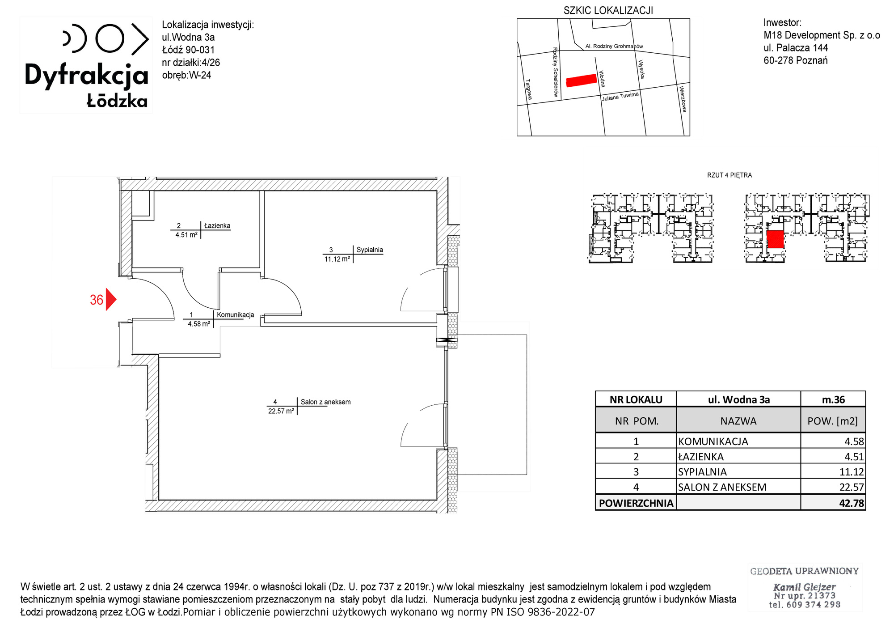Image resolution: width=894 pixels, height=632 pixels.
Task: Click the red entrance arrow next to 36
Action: pos(110,299)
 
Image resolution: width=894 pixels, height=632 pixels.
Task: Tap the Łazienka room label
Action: pos(217,226)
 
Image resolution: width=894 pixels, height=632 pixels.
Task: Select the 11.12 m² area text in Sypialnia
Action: pos(337,259)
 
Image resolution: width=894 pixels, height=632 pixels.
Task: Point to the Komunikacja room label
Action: pos(236,315)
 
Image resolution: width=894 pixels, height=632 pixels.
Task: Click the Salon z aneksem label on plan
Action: pos(325,402)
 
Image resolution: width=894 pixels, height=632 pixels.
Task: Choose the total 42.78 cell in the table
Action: pos(852,503)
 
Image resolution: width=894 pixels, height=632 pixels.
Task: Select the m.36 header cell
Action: pos(833,399)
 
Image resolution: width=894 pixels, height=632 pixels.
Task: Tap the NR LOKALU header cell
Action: pos(636,399)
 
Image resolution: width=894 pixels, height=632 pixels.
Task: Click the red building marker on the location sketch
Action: pos(581,81)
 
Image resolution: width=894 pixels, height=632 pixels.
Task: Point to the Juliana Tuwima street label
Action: pos(620,96)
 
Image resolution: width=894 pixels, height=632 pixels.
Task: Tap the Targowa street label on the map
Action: pos(528,89)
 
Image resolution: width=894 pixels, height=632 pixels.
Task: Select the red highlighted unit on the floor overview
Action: pos(775,239)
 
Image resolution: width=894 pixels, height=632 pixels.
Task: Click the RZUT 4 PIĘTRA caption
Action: pos(730,175)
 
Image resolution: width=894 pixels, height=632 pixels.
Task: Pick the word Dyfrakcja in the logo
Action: pos(86,75)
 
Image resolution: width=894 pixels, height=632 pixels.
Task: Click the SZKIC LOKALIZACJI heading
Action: pos(608,10)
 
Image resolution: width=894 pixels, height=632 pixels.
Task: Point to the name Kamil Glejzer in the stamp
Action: pos(804,587)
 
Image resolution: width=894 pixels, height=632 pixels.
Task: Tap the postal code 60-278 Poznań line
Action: pos(795,60)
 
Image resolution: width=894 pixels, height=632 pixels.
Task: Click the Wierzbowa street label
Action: pos(683,99)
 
